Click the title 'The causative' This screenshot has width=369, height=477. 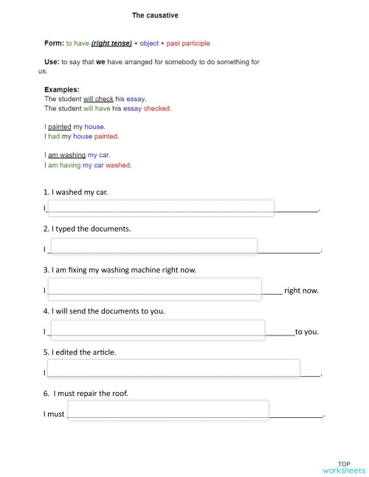155,15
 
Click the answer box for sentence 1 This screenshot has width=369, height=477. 161,208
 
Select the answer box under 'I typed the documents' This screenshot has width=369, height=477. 153,247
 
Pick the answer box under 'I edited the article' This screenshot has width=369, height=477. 173,369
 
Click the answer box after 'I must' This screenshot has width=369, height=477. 168,411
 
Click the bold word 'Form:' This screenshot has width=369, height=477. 54,43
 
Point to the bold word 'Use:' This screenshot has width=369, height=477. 52,63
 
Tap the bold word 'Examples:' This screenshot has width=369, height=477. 62,90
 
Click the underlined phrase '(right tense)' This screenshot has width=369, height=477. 111,43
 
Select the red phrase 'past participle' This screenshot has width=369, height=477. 188,43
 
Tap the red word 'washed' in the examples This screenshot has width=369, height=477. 118,165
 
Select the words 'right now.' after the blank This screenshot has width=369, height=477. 301,290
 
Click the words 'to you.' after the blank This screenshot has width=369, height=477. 307,332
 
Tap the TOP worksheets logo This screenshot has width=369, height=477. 344,467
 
